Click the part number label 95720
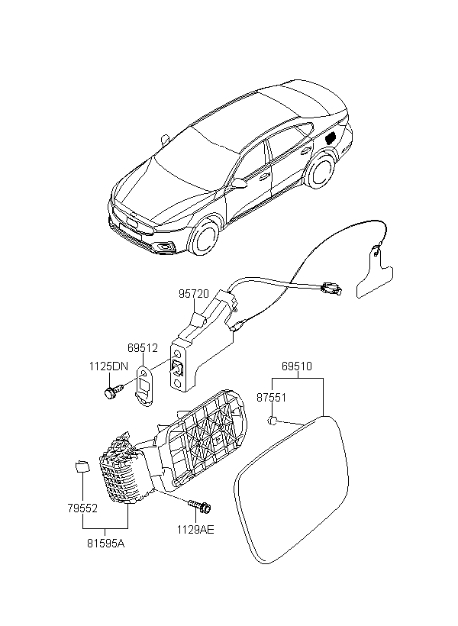(x=194, y=294)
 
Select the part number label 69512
(x=143, y=347)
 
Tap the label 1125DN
(x=108, y=366)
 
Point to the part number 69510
(x=297, y=366)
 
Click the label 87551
(x=272, y=398)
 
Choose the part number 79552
(x=82, y=508)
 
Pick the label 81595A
(x=106, y=544)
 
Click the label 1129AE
(x=195, y=529)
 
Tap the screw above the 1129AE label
(x=201, y=506)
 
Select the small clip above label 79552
(x=82, y=466)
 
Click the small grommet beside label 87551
(x=272, y=420)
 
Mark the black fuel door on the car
(x=331, y=137)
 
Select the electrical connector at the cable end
(x=331, y=288)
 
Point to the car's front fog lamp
(x=165, y=247)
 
